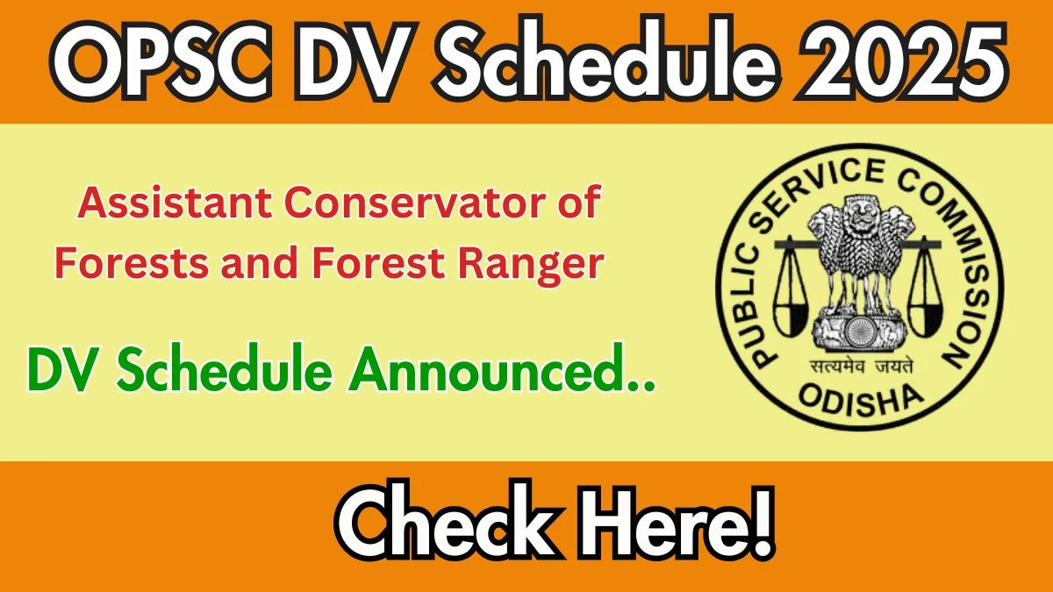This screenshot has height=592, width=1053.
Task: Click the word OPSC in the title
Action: (x=161, y=61)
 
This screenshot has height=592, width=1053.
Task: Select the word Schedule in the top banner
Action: (x=604, y=58)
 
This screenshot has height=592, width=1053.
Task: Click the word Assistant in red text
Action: (x=175, y=203)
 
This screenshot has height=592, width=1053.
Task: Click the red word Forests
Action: (x=132, y=262)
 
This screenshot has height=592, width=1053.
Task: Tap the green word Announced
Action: (x=502, y=369)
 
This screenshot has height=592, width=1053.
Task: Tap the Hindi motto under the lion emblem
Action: (x=861, y=366)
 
